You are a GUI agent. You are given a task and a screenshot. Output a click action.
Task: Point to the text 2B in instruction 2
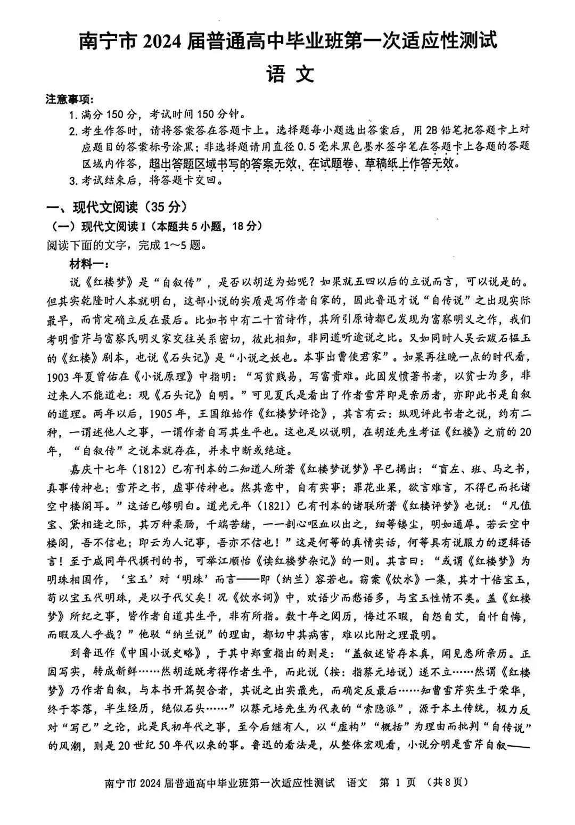(x=428, y=130)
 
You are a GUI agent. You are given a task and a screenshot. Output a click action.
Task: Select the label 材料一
(x=88, y=264)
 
